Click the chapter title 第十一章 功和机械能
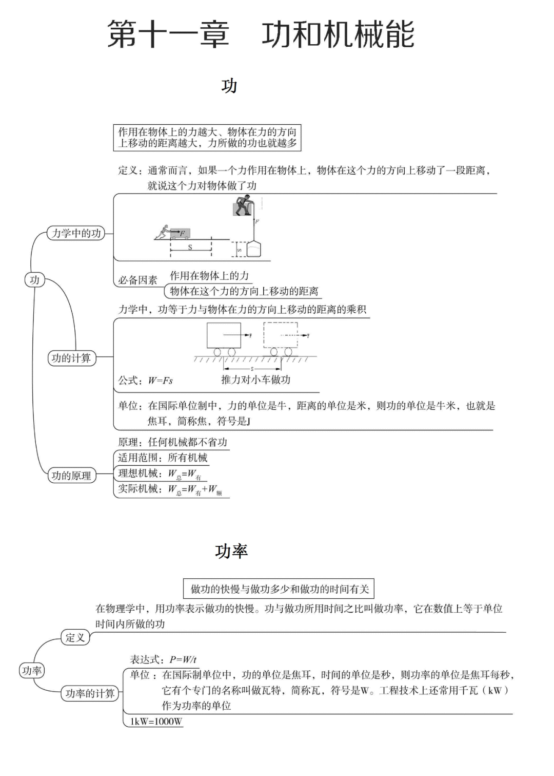click(x=261, y=35)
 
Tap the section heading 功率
click(x=231, y=551)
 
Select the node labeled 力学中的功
click(x=76, y=233)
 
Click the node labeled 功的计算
click(x=71, y=358)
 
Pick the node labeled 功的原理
click(x=71, y=476)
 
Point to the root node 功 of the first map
click(x=34, y=280)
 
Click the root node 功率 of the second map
click(x=32, y=670)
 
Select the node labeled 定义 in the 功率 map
click(x=75, y=638)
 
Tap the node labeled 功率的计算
click(x=90, y=693)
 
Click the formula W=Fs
click(x=160, y=381)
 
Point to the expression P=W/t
click(x=183, y=659)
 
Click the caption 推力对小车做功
click(x=255, y=380)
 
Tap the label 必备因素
click(x=137, y=280)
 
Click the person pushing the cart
click(x=164, y=233)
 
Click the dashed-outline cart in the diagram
click(x=280, y=337)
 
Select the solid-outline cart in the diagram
click(x=224, y=337)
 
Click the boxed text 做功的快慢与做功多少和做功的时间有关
click(x=279, y=589)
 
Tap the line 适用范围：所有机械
click(x=163, y=458)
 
